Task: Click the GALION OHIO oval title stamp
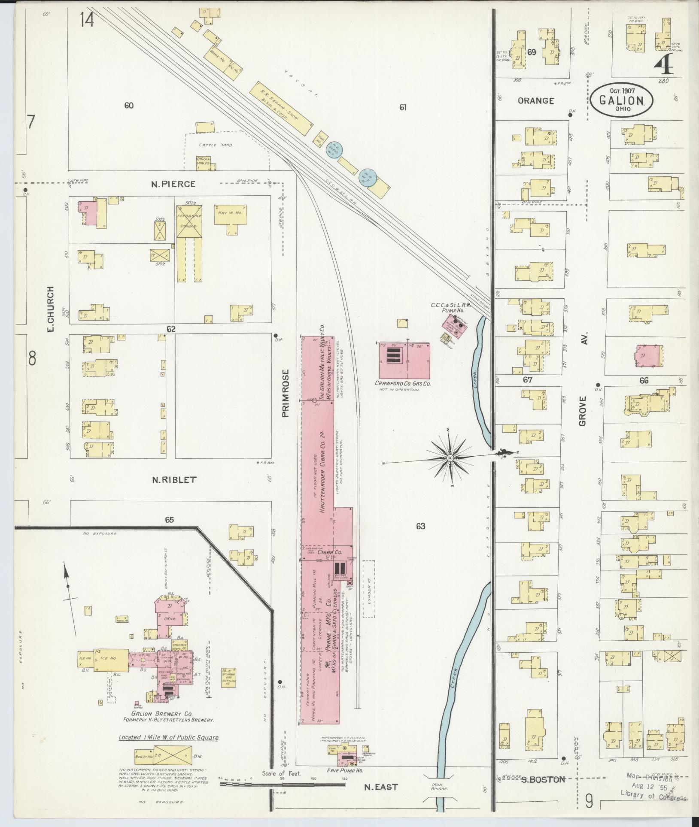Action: point(622,100)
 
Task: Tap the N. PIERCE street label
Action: point(173,184)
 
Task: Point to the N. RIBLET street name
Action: point(174,480)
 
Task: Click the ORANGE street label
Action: point(535,101)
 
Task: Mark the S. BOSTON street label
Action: point(543,779)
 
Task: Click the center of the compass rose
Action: point(450,458)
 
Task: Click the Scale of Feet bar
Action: point(282,784)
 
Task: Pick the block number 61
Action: point(402,108)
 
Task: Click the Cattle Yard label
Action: point(215,145)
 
